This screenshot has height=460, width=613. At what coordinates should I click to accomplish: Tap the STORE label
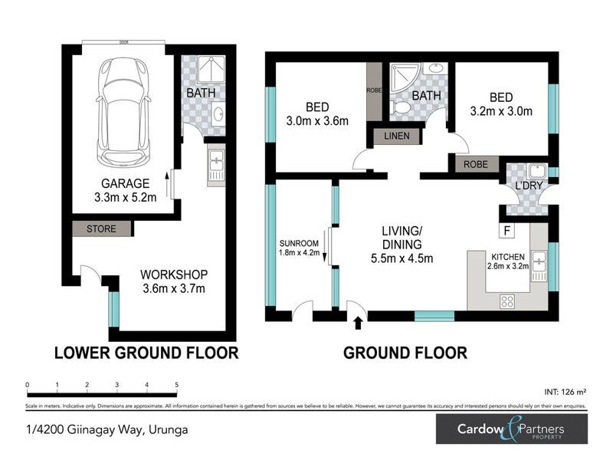coord(100,228)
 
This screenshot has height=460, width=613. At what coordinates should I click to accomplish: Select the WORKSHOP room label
coord(173,274)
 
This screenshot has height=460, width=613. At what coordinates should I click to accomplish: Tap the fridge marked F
coord(506,230)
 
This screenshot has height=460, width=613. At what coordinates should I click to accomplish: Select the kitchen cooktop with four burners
coord(507,301)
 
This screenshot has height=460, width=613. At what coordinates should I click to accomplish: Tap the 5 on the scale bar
coord(177,385)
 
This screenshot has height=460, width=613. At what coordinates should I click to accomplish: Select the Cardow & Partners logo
coord(510,429)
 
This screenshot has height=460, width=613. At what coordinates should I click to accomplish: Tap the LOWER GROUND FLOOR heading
coord(146,353)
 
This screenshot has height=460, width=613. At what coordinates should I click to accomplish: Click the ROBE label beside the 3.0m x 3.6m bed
coord(373,90)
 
